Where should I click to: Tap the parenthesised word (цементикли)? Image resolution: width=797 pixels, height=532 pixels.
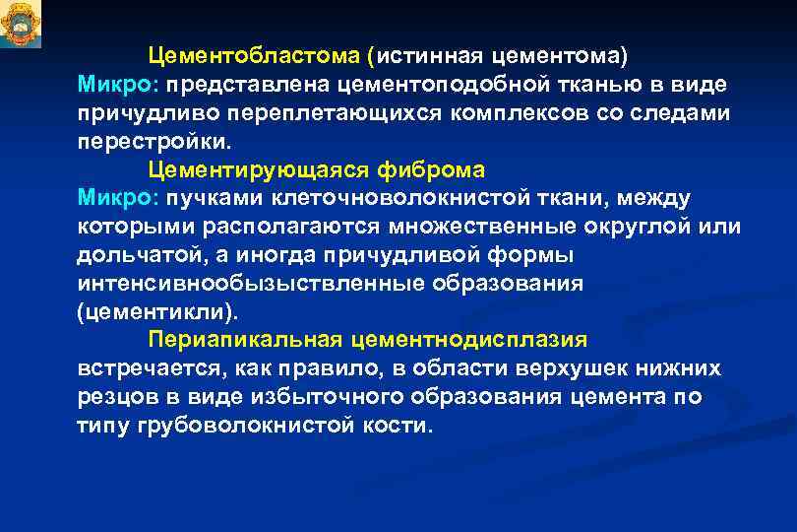[155, 312]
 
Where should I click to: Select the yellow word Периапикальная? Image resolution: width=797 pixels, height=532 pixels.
[243, 341]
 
